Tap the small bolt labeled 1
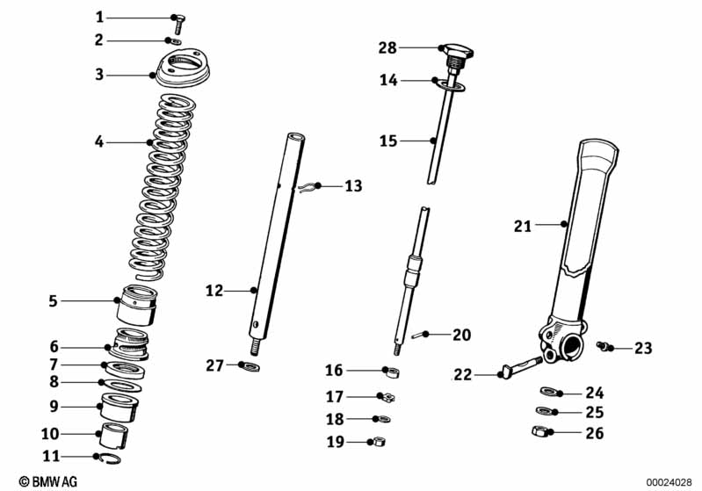tap(178, 19)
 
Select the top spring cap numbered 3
tap(185, 69)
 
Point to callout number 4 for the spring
tap(99, 141)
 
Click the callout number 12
tap(214, 290)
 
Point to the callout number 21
tap(524, 226)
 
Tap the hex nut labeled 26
tap(543, 431)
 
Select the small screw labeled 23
tap(605, 348)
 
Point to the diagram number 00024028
tap(670, 481)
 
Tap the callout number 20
tap(461, 335)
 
